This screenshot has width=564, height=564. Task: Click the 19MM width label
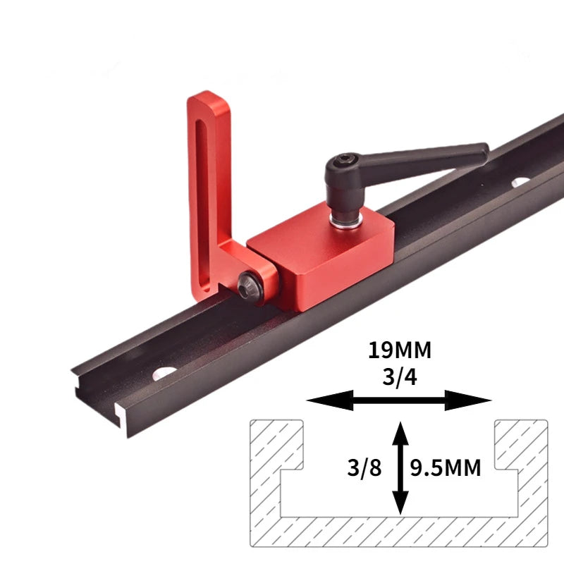tap(399, 350)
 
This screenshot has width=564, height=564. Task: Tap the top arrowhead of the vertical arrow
tap(400, 429)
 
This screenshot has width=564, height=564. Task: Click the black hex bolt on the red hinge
tap(248, 285)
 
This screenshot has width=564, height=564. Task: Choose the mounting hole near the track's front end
tap(165, 372)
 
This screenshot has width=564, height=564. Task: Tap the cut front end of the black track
tap(106, 409)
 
